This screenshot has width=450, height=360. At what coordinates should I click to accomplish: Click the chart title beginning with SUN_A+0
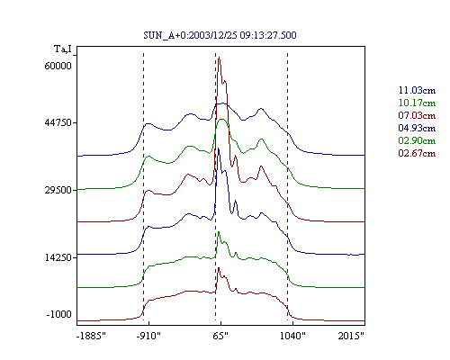click(220, 35)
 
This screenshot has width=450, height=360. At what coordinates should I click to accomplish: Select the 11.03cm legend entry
click(417, 90)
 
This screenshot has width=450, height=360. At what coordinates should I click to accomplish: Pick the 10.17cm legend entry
click(417, 103)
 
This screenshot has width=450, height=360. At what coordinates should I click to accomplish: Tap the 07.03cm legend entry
click(417, 115)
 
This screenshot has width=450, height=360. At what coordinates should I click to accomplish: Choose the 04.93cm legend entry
click(417, 128)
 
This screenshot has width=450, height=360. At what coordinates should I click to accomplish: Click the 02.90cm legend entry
click(417, 140)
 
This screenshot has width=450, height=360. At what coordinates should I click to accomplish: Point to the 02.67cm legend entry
click(417, 153)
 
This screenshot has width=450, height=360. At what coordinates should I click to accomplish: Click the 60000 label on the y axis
click(58, 66)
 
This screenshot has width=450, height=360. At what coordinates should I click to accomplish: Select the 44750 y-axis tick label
click(58, 122)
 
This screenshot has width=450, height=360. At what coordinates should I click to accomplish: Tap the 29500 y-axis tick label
click(58, 190)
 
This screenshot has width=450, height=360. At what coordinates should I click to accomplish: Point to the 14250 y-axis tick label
click(58, 257)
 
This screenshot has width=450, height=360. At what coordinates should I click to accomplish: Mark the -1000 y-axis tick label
click(59, 314)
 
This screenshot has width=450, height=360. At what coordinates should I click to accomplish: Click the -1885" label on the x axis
click(92, 336)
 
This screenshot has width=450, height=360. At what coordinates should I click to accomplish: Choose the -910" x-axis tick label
click(148, 336)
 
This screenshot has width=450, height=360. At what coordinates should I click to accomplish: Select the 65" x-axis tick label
click(220, 336)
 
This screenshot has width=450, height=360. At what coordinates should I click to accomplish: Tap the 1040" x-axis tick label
click(292, 336)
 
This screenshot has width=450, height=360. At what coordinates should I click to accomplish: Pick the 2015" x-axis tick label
click(351, 336)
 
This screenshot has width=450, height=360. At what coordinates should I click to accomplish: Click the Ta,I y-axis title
click(63, 49)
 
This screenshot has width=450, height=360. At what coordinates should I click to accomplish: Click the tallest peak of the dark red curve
click(220, 57)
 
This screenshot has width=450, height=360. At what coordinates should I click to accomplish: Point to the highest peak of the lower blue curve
click(219, 148)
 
